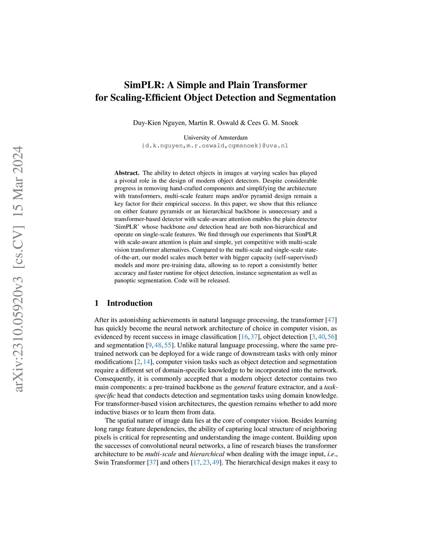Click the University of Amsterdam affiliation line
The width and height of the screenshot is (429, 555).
215,137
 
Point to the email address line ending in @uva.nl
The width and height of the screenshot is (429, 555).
215,146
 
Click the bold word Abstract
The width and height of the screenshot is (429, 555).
127,173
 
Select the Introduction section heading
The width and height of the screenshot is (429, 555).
129,303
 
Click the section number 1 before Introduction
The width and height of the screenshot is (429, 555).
97,303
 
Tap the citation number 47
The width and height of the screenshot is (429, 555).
331,320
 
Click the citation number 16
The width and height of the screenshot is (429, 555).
244,337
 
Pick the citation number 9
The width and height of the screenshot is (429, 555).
150,345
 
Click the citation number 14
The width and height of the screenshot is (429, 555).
147,362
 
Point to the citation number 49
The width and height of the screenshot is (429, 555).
216,462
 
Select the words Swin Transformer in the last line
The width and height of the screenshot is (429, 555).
120,462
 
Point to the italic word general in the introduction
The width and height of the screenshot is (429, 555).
245,387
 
